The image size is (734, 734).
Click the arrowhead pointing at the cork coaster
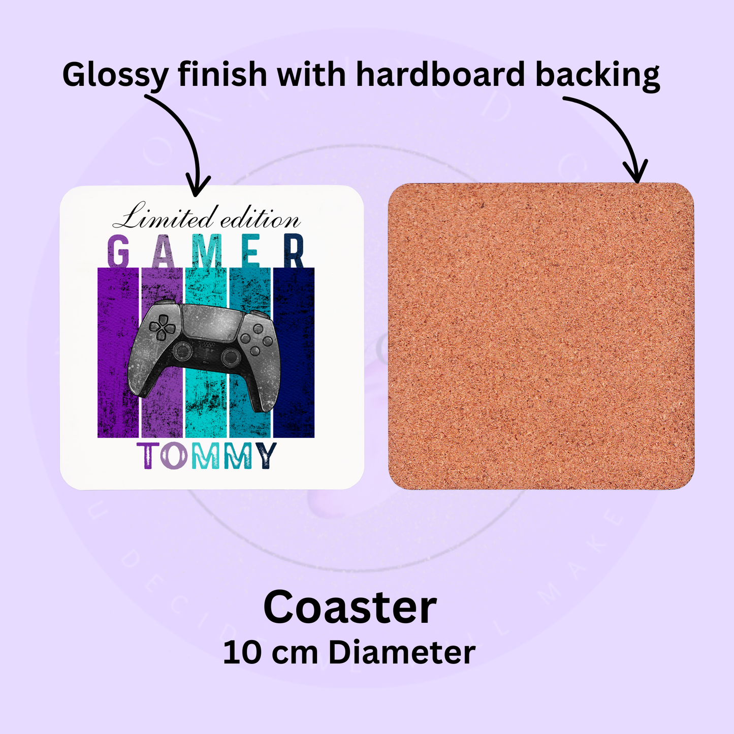point(636,173)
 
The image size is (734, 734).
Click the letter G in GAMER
point(118,251)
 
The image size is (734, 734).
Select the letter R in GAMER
point(294,251)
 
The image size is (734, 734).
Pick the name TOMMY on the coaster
point(206,456)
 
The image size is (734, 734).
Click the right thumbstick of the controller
point(231,357)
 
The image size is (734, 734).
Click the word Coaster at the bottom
point(350,608)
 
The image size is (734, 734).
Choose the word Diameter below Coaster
point(402,653)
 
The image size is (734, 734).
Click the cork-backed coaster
point(541,336)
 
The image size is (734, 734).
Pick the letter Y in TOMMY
point(267,456)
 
